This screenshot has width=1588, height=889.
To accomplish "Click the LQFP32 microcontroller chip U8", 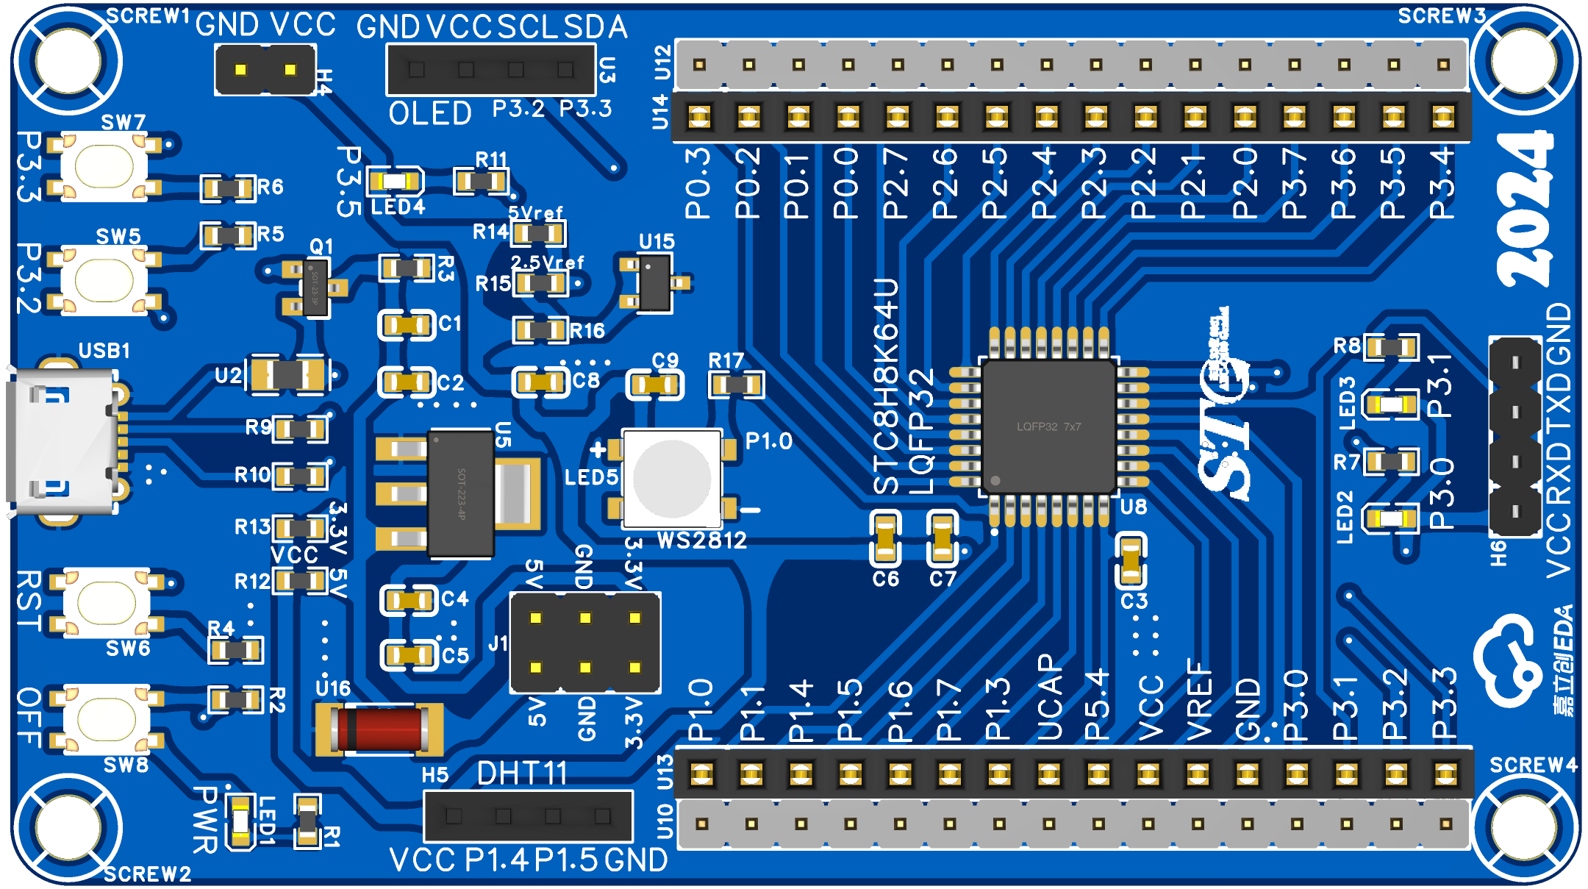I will [1049, 426].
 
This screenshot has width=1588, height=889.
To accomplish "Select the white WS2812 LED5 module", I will [671, 479].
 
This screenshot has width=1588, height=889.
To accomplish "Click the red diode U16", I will [379, 729].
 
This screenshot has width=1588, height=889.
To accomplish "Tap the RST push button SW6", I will [106, 602].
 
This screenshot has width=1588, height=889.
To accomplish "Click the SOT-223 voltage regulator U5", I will [460, 493].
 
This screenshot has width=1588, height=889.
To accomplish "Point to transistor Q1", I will [315, 288].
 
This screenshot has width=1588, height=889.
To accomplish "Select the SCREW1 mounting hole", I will [68, 61].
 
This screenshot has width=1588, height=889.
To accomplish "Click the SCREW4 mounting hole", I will [1523, 826].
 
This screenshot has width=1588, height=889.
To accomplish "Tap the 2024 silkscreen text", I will [1525, 209].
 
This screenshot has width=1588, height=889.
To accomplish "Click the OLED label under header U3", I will [430, 114].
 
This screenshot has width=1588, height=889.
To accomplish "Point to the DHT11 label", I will [522, 774].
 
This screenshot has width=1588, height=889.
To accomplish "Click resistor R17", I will [736, 384].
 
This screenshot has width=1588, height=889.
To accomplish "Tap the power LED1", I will [240, 822].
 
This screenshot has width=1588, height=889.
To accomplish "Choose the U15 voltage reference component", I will [654, 283].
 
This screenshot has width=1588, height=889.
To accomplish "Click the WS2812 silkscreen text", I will [701, 541].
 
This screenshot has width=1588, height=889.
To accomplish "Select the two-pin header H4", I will [265, 70].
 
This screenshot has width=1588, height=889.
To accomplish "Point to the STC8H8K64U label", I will [886, 386].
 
